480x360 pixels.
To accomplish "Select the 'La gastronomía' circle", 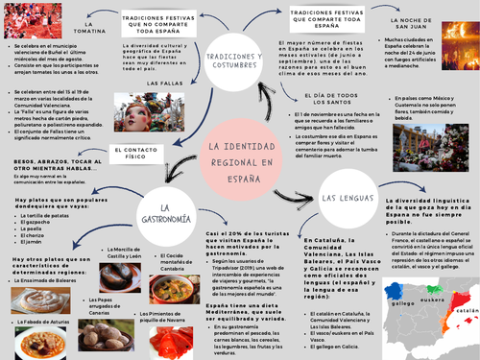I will (x=165, y=219).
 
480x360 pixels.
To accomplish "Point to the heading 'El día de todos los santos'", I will (x=336, y=100).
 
